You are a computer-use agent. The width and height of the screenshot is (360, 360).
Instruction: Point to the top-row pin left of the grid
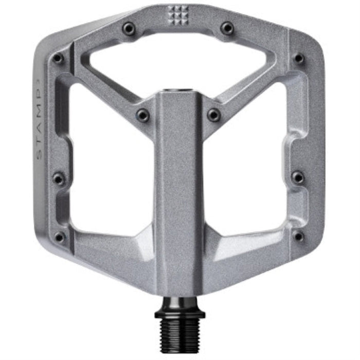point(129,28)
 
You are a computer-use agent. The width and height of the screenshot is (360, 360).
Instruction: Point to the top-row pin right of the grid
point(227,28)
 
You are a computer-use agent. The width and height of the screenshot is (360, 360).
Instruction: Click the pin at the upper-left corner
point(58,58)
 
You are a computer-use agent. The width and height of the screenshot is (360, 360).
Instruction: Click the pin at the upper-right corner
point(298,58)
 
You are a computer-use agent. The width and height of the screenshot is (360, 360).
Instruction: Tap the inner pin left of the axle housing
point(142,115)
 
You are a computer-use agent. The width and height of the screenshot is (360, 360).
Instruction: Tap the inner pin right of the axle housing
point(213,115)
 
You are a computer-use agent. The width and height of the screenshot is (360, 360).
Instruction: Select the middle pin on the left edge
point(59,178)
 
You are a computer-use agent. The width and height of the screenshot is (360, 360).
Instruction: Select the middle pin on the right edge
point(298,177)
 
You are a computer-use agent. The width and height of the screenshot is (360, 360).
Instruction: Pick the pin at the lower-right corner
point(297,236)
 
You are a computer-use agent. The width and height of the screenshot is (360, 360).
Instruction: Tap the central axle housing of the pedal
point(178,195)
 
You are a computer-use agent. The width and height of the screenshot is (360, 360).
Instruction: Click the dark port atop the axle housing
point(178,91)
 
